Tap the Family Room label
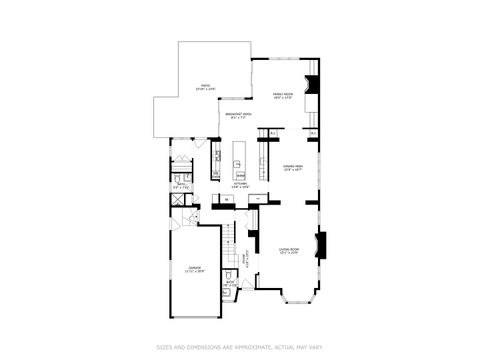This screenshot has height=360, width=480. [282, 96]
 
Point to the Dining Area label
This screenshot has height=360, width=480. [293, 168]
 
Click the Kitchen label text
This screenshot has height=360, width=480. [241, 185]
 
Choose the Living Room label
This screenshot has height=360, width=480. [289, 251]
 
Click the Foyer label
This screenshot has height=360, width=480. [247, 263]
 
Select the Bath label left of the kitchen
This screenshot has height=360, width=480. [182, 185]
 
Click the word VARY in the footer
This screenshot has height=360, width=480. [316, 347]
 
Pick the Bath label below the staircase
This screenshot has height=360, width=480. [230, 283]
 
